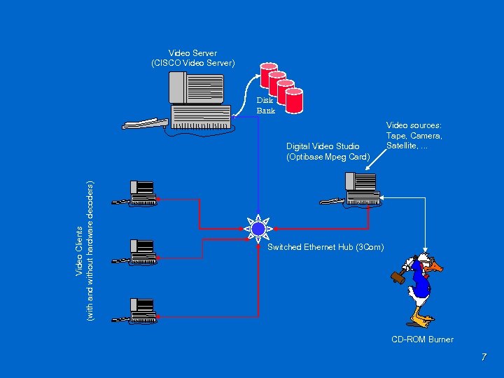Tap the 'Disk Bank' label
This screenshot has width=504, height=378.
tap(265, 105)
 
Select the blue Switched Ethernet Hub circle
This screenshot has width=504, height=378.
tap(258, 227)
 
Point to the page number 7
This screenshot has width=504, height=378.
tap(483, 358)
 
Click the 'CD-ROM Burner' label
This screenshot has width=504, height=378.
tap(422, 339)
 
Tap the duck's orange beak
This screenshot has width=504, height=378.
tap(436, 267)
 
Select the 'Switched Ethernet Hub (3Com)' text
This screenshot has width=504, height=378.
tap(325, 247)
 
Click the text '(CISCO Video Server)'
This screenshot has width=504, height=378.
tap(193, 63)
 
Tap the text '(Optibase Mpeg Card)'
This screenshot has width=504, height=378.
tap(328, 157)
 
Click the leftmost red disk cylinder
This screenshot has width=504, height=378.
tap(267, 71)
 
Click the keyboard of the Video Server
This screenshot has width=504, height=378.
tap(144, 124)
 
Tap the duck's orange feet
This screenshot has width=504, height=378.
tap(421, 321)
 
